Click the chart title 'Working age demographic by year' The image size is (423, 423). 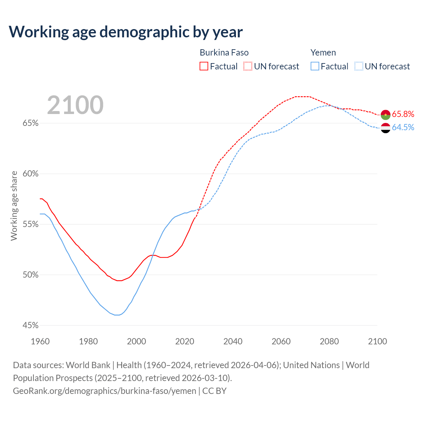pyautogui.click(x=126, y=32)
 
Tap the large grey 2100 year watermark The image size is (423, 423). pyautogui.click(x=75, y=105)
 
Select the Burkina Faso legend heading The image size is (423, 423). pyautogui.click(x=224, y=53)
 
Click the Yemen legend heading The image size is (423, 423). pyautogui.click(x=323, y=53)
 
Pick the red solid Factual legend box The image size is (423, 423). pyautogui.click(x=204, y=66)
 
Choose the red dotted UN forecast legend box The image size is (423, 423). pyautogui.click(x=248, y=66)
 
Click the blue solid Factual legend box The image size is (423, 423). pyautogui.click(x=315, y=66)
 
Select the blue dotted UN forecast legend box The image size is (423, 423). pyautogui.click(x=359, y=66)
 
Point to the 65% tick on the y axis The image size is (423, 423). pyautogui.click(x=30, y=123)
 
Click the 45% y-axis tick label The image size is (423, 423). pyautogui.click(x=30, y=326)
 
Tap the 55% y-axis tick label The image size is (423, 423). pyautogui.click(x=30, y=224)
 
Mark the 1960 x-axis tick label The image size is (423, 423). pyautogui.click(x=40, y=341)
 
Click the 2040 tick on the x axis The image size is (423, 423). pyautogui.click(x=233, y=341)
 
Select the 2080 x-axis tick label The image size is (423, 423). pyautogui.click(x=329, y=341)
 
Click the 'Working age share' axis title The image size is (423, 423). pyautogui.click(x=14, y=206)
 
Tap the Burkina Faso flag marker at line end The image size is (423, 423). pyautogui.click(x=386, y=115)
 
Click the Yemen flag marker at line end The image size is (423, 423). pyautogui.click(x=386, y=128)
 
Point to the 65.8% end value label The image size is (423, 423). pyautogui.click(x=403, y=114)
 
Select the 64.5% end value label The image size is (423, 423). pyautogui.click(x=403, y=128)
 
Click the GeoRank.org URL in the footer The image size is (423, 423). pyautogui.click(x=104, y=391)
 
